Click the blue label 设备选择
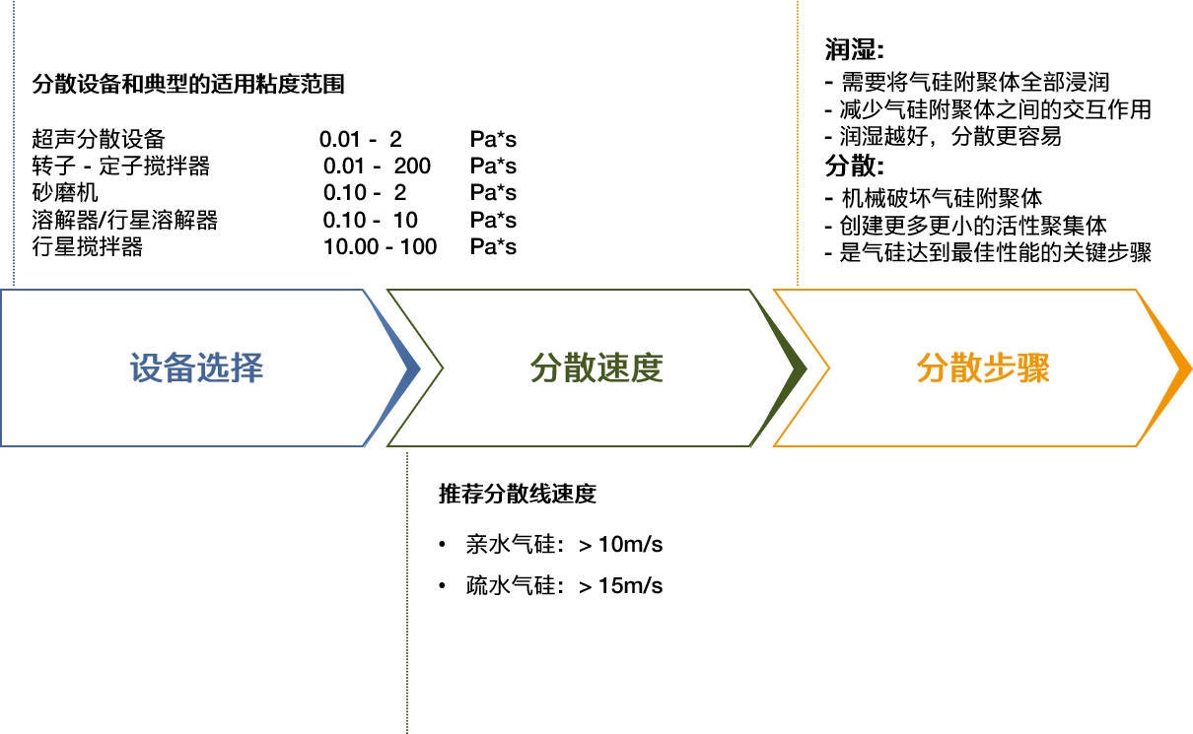coord(197,368)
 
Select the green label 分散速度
coord(596,368)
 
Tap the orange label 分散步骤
coord(983,368)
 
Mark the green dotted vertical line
coord(407,591)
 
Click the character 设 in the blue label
coord(147,368)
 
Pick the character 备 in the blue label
coord(180,368)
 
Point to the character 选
coord(214,368)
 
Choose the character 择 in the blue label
coord(247,368)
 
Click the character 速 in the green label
coord(613,368)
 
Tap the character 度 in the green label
coord(647,368)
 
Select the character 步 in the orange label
coord(1000,368)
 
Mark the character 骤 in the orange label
coord(1033,368)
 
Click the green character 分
coord(546,368)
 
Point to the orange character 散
coord(966,368)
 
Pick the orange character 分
coord(933,368)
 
